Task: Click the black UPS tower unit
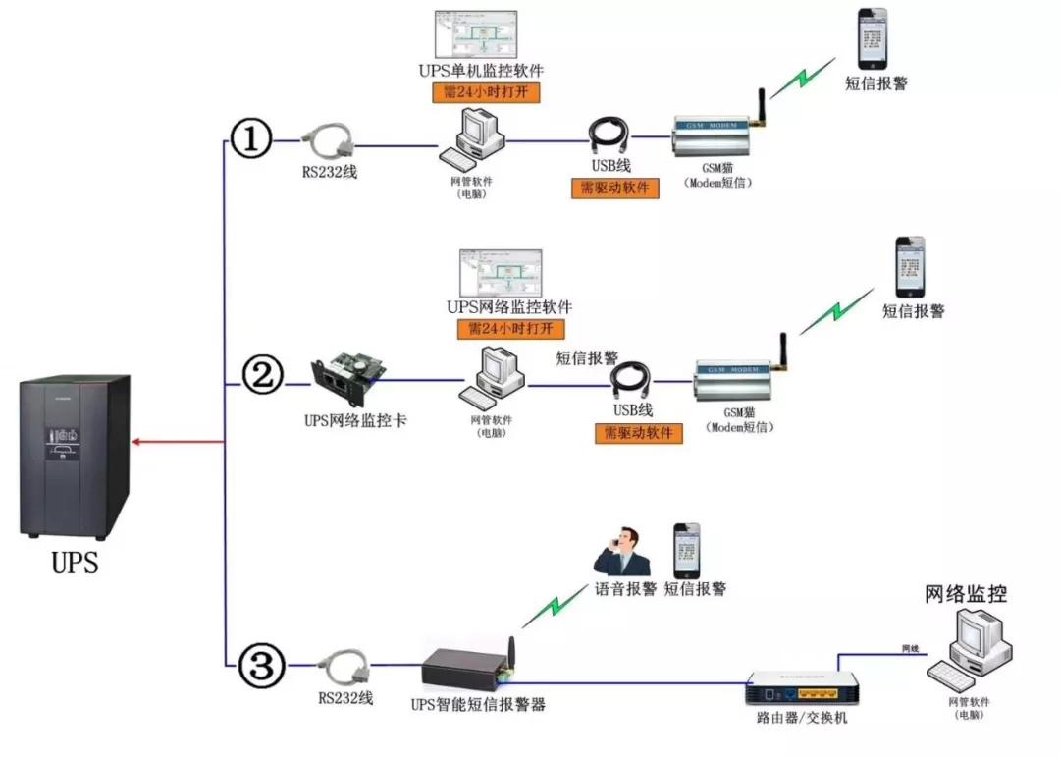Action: coord(75,456)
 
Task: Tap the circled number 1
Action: coord(250,140)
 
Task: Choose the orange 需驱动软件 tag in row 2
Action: coord(638,433)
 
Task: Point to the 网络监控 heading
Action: coord(967,593)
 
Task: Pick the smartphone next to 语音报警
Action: coord(687,550)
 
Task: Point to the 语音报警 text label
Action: coord(626,589)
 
